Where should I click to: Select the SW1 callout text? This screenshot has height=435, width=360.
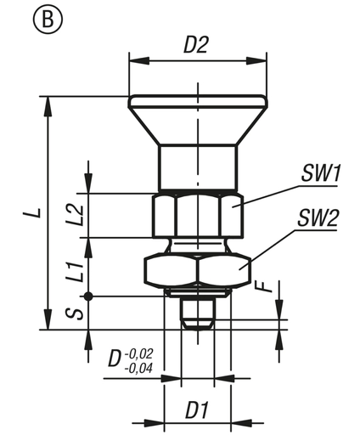[x=320, y=174]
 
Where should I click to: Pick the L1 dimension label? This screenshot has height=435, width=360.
[x=76, y=272]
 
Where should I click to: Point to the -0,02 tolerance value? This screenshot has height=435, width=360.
[x=139, y=350]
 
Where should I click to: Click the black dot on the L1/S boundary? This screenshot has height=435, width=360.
[x=88, y=295]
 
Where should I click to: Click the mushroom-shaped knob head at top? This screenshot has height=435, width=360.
[x=197, y=115]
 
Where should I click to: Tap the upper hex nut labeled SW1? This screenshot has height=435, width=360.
[x=197, y=215]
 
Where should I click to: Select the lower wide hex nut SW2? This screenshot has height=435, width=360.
[x=197, y=270]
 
